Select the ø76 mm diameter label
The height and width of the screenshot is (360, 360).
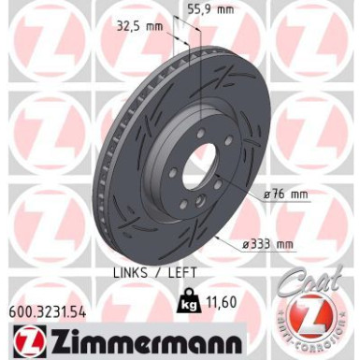click(x=286, y=194)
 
